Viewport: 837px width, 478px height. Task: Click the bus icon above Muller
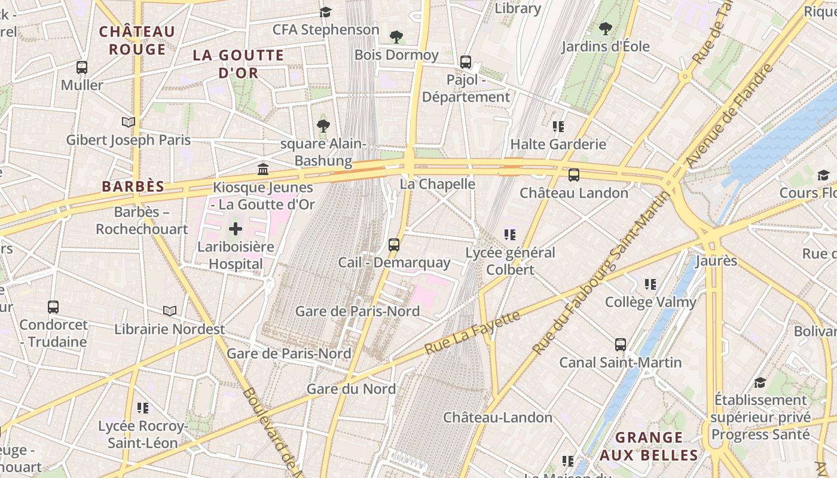(82, 68)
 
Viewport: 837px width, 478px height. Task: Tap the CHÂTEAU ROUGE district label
(137, 40)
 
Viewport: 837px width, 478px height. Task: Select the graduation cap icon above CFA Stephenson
(325, 12)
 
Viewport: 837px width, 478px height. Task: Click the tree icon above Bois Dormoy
(396, 37)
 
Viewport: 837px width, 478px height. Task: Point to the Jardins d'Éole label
(605, 46)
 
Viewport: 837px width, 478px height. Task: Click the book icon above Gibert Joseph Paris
(128, 122)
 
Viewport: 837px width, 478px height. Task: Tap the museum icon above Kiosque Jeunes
(263, 169)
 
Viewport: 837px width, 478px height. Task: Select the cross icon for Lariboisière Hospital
(236, 228)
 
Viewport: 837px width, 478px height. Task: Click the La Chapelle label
(437, 184)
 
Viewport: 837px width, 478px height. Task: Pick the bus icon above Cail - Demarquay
(394, 244)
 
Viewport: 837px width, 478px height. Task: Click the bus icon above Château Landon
(574, 175)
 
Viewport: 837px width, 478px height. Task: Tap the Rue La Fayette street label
(473, 332)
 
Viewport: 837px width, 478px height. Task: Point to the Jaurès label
(716, 261)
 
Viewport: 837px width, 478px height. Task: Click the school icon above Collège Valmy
(650, 284)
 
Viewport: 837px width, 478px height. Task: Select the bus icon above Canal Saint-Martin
(621, 345)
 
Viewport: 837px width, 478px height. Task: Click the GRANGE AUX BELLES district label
(649, 446)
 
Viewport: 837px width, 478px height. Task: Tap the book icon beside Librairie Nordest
(170, 311)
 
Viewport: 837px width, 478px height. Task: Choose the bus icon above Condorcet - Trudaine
(53, 307)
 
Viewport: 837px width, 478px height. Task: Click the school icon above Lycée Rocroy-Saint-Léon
(142, 408)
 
